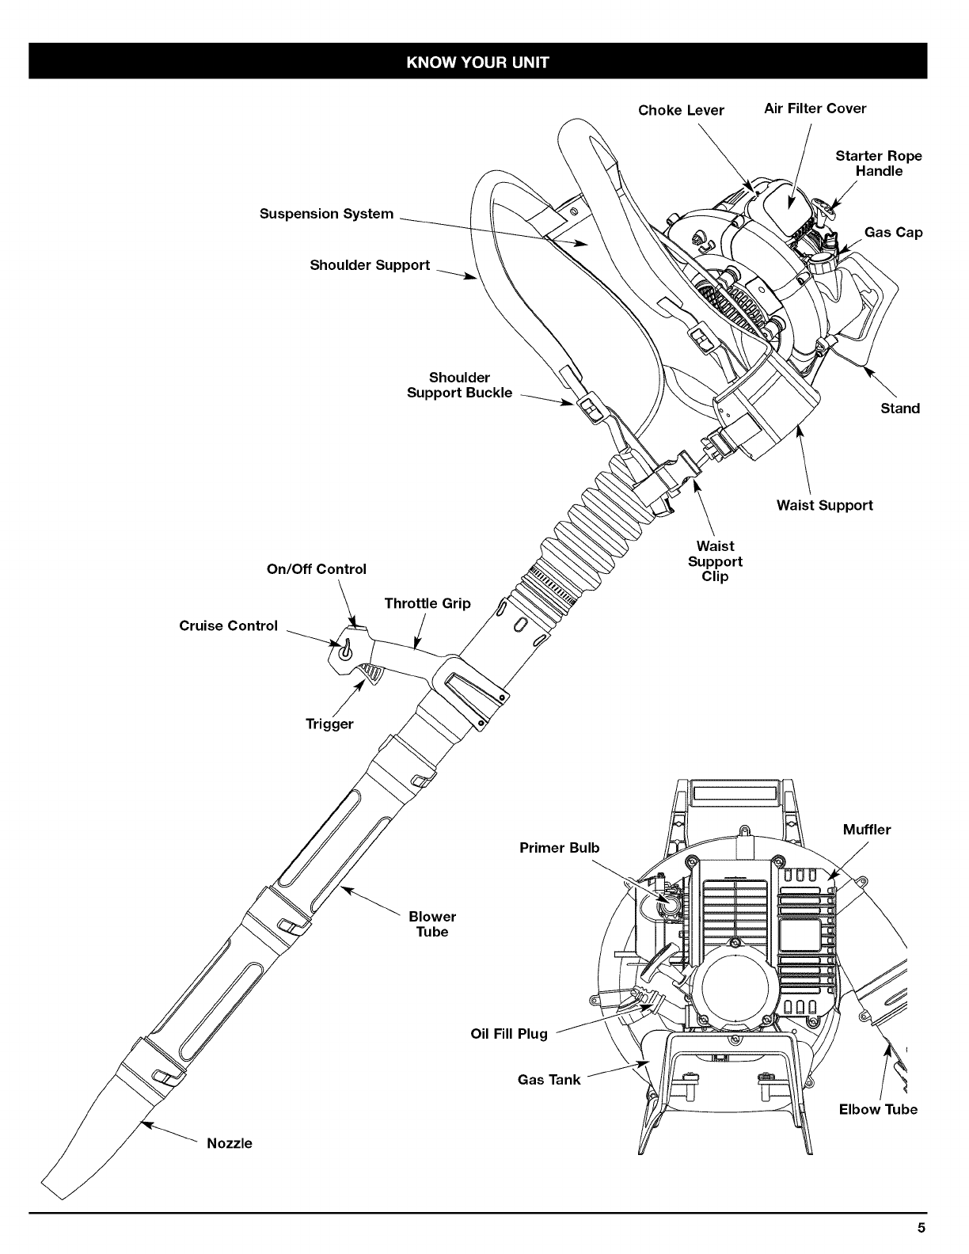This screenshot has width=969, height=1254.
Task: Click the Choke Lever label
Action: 681,110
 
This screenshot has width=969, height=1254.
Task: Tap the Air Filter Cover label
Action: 815,108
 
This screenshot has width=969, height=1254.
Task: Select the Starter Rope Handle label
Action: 879,163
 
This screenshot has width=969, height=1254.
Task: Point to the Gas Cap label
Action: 893,232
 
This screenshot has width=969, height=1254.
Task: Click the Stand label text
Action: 900,408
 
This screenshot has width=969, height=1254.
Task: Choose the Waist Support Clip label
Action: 715,561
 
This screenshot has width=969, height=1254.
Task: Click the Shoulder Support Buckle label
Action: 459,385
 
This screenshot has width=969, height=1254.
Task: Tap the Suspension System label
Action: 326,214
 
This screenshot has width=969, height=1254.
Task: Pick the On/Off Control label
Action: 316,569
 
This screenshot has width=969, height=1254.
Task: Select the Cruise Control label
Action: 229,625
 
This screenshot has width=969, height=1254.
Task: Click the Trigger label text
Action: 329,724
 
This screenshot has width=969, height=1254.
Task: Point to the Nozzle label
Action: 229,1143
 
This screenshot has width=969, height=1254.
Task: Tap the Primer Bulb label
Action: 559,848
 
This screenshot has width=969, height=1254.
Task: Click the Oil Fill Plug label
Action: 509,1034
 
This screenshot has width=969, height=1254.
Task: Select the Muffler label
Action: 867,830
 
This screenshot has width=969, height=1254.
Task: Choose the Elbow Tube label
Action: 878,1109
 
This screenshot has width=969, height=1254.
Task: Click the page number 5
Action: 921,1228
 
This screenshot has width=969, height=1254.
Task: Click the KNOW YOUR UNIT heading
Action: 477,61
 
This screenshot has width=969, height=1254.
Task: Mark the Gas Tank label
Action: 549,1079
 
